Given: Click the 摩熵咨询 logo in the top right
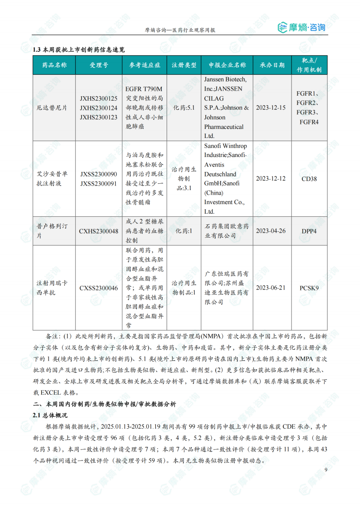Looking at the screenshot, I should click(301, 28).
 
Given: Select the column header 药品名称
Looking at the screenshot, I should click(54, 65).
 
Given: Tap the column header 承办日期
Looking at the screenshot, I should click(272, 65).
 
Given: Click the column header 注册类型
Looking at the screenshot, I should click(184, 65).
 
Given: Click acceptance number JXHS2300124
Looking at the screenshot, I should click(99, 108).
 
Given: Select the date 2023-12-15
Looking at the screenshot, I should click(271, 108).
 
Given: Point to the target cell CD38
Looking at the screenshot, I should click(309, 179).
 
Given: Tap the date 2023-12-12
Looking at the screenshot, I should click(271, 179).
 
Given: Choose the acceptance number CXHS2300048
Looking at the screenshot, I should click(99, 231).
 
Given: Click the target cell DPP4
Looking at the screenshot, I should click(309, 231).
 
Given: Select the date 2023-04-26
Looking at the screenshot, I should click(271, 231).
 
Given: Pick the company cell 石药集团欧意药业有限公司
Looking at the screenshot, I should click(227, 231).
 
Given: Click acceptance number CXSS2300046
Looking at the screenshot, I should click(99, 288).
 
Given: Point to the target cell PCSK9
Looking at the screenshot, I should click(309, 288).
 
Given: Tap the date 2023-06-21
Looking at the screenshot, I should click(271, 288).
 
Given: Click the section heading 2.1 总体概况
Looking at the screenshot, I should click(50, 415).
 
